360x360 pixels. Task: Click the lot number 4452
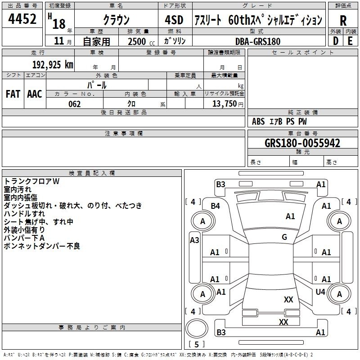22,19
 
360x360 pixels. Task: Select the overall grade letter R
343,21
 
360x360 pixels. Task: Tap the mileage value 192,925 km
53,64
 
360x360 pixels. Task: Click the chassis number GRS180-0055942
302,144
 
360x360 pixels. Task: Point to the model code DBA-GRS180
258,41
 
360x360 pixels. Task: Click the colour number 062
74,104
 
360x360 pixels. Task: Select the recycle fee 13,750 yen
224,104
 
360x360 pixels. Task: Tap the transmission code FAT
13,94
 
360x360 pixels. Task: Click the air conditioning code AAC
35,94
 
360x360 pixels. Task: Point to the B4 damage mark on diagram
216,206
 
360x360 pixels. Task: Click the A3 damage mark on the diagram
194,240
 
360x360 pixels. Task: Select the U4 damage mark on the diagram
320,292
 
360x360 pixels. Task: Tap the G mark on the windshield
284,237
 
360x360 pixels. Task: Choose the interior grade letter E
350,41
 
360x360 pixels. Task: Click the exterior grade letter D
336,41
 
